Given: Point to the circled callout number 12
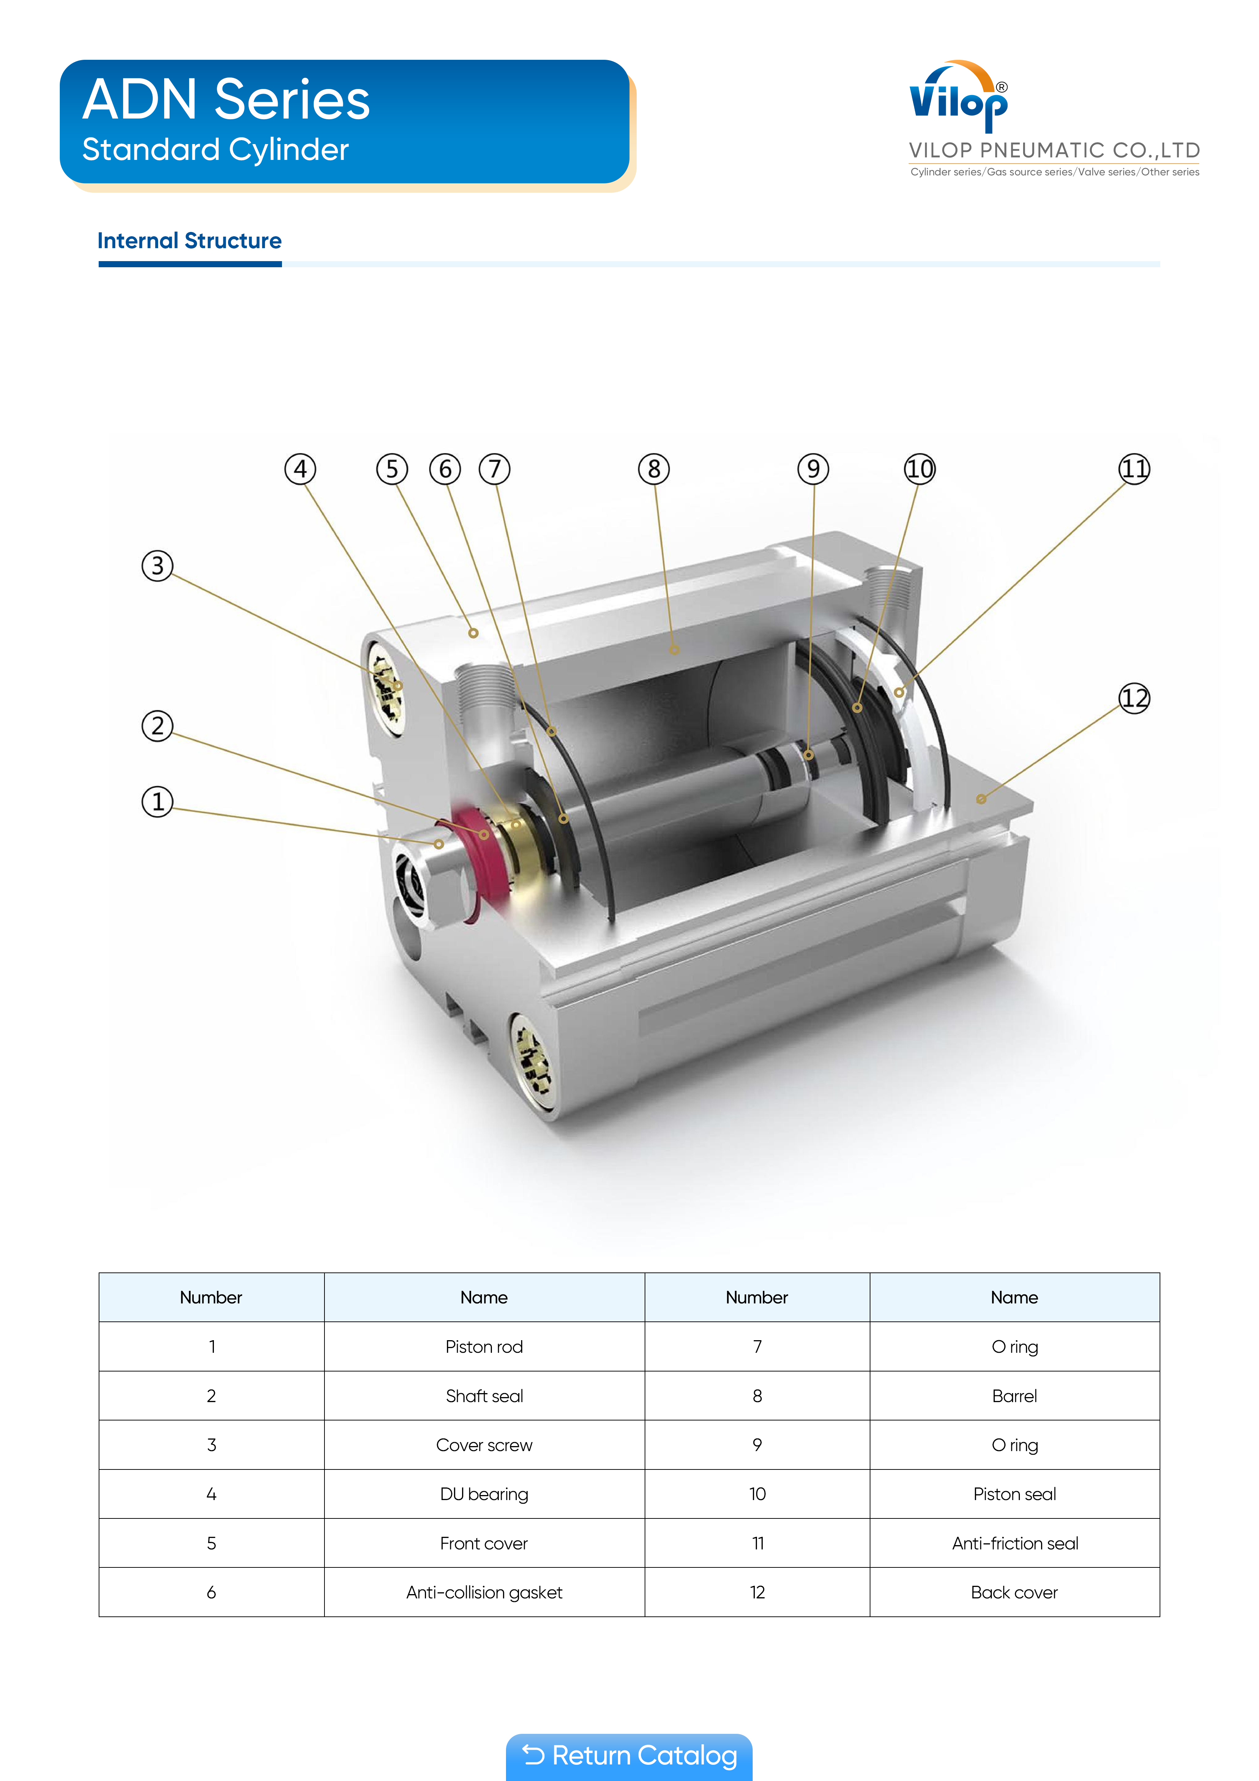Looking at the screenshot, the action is pyautogui.click(x=1134, y=698).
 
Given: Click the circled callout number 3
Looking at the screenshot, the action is pyautogui.click(x=157, y=565).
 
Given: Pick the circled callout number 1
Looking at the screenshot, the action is pyautogui.click(x=157, y=801).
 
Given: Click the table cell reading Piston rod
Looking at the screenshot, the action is pyautogui.click(x=484, y=1347).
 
